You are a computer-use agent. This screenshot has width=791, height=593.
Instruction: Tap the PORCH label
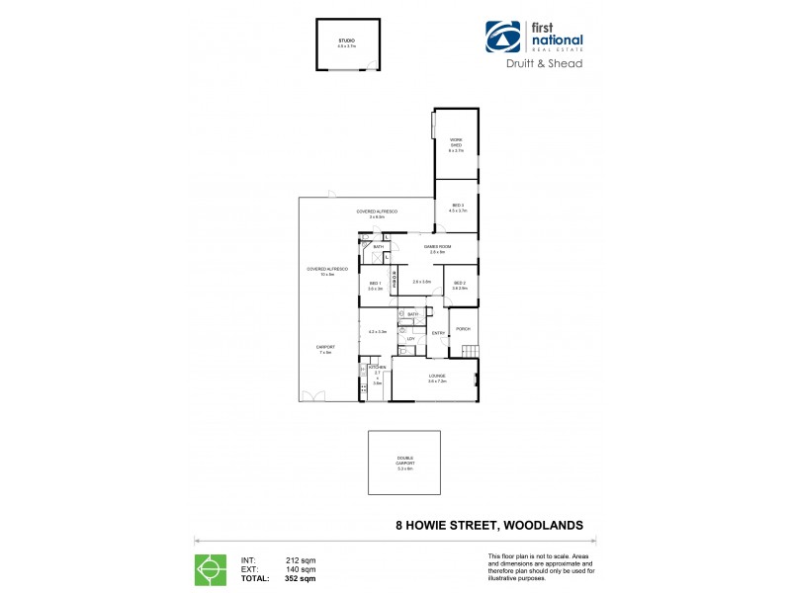[463, 329]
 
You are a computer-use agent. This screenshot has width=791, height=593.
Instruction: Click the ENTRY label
[438, 333]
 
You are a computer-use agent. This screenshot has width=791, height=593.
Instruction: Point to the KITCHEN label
[377, 368]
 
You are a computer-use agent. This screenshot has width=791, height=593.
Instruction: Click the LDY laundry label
[410, 339]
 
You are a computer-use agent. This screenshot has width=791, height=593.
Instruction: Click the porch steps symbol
[469, 352]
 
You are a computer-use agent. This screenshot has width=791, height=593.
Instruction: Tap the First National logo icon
[502, 38]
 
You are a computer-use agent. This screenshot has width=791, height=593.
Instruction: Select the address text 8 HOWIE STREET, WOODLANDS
[488, 526]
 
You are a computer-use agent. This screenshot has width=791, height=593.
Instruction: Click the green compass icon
[209, 569]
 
